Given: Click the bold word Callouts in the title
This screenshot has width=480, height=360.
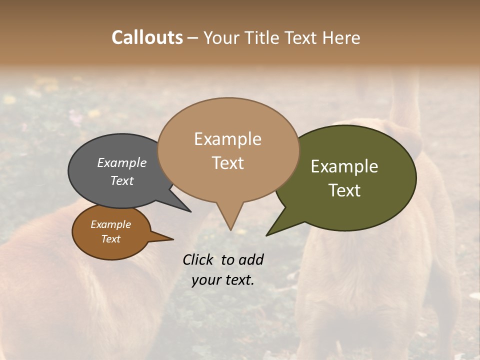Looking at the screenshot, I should pos(147,37).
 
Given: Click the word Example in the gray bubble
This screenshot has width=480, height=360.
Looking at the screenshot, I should pos(122,162).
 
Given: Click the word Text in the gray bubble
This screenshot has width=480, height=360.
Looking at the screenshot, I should pos(122,180).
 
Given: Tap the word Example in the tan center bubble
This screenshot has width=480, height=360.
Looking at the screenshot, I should pos(227,139).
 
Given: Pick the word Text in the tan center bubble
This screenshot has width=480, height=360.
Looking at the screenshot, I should pos(227,163).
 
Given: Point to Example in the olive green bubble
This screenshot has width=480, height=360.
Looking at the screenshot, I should pos(344,166).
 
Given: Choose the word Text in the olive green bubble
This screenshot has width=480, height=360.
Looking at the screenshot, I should pos(344,190).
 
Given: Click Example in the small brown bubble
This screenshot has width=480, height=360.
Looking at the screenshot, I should pos(110,224).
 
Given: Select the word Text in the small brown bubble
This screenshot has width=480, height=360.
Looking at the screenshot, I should pos(110,239).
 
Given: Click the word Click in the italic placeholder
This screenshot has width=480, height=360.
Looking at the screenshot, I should pos(199,259).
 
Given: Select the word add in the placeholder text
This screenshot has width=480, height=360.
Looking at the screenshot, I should pos(250,259).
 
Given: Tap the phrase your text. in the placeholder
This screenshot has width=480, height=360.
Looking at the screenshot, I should pos(222,280).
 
